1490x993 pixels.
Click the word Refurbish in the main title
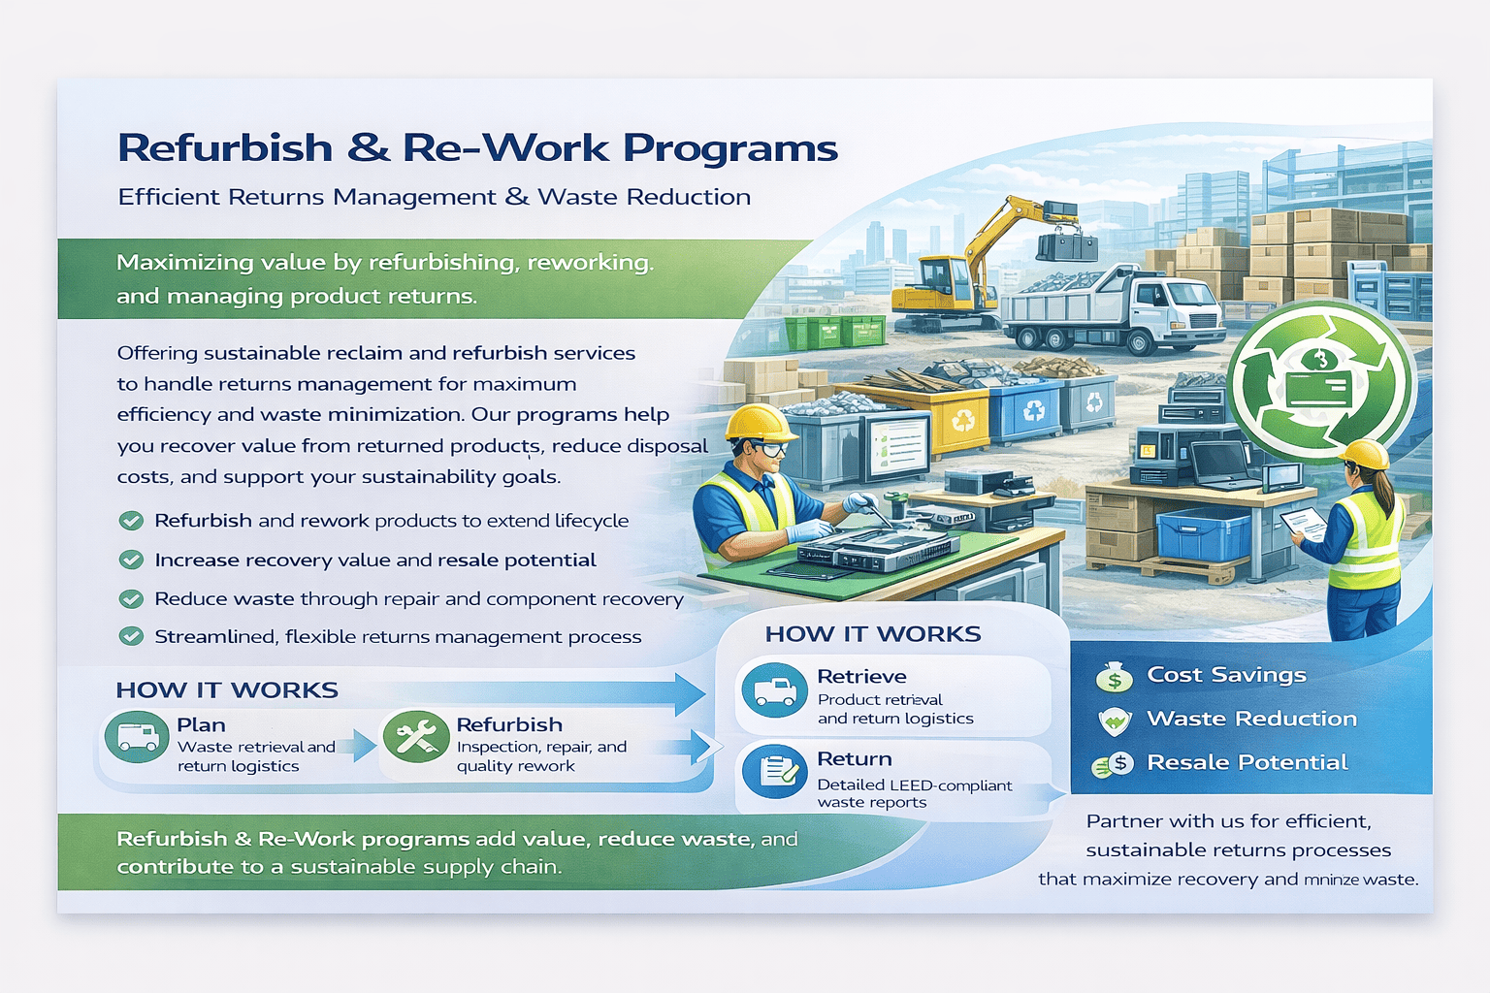(x=225, y=147)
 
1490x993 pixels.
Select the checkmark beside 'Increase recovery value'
(x=131, y=561)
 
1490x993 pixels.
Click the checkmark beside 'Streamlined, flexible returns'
(x=131, y=636)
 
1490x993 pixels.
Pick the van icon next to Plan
(x=137, y=736)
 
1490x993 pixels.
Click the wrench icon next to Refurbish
(x=416, y=736)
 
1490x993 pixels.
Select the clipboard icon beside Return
(x=775, y=772)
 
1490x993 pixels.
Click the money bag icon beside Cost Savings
(x=1115, y=677)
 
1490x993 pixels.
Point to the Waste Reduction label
(x=1252, y=719)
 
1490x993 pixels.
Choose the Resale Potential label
(x=1247, y=762)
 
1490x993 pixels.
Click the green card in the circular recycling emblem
(x=1319, y=390)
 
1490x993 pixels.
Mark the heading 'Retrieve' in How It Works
(x=861, y=677)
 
